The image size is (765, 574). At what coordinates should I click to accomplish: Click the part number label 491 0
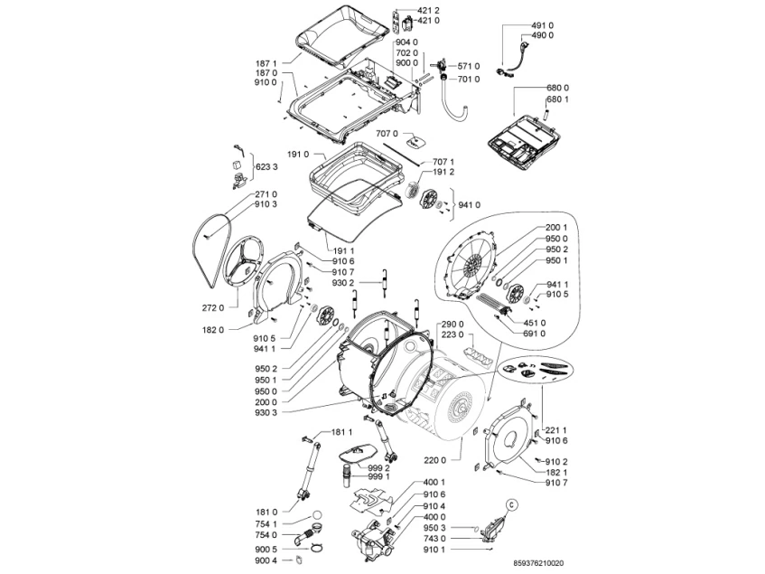(542, 25)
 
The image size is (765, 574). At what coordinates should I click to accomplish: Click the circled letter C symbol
(510, 505)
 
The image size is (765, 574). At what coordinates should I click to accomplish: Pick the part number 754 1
(266, 523)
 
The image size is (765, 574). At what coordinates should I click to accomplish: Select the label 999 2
(378, 467)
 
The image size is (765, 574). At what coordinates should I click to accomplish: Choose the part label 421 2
(428, 10)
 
